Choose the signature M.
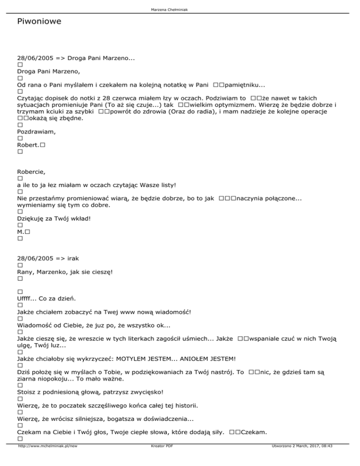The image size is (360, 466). click(x=20, y=232)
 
